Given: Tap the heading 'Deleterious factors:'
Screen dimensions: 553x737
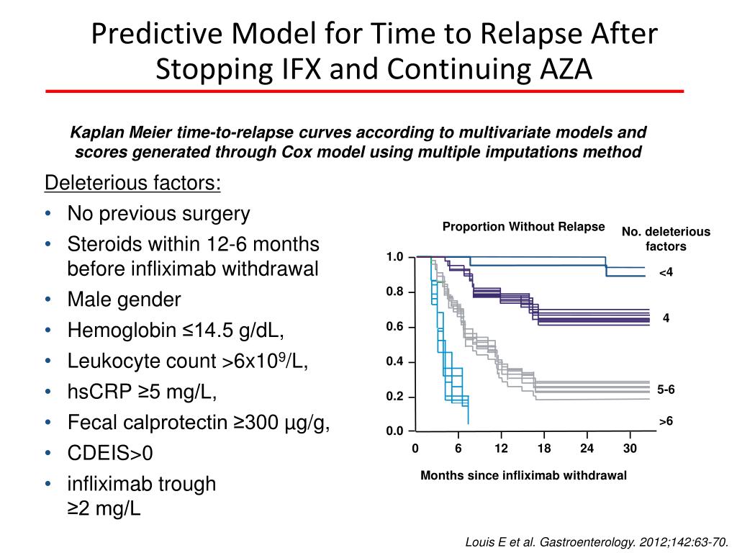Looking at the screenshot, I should coord(133,184).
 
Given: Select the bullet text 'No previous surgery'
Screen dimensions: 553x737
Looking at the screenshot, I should coord(158,214).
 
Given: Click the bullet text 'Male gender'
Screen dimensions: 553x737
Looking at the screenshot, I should coord(124,299).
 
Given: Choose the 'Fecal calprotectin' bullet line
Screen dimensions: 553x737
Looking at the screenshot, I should coord(199,423).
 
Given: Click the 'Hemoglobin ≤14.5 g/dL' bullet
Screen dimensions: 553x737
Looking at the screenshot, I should coord(176,330).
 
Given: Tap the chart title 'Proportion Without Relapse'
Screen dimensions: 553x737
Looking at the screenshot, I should coord(523,227).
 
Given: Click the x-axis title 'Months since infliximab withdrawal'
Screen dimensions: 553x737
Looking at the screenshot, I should coord(523,475).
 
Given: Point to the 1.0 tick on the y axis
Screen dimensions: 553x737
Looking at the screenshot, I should coord(394,257).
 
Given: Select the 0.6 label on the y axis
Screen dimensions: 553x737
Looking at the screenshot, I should coord(394,327).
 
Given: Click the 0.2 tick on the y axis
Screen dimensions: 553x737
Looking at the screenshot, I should coord(394,397).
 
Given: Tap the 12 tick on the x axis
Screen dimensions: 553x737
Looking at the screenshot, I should coord(501,449).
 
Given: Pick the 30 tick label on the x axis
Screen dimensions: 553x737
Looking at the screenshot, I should coord(630,449).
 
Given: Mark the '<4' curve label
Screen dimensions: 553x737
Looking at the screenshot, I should coord(666,273).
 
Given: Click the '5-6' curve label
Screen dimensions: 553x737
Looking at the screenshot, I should coord(666,390).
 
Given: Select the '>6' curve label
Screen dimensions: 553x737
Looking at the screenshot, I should coord(666,421).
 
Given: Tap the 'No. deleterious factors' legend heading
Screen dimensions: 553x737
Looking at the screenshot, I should coord(666,239).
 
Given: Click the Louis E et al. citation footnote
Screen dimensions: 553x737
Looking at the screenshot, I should coord(597,541).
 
